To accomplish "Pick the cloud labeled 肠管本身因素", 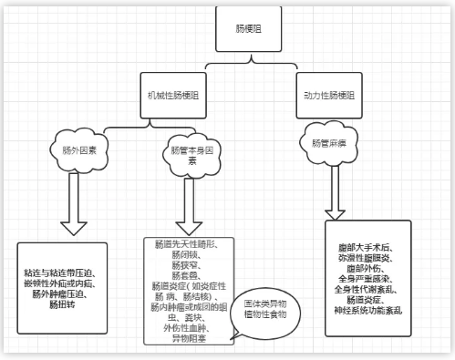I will click(191, 154).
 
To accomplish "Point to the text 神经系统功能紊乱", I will click(368, 309).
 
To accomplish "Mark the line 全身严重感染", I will click(368, 277).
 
